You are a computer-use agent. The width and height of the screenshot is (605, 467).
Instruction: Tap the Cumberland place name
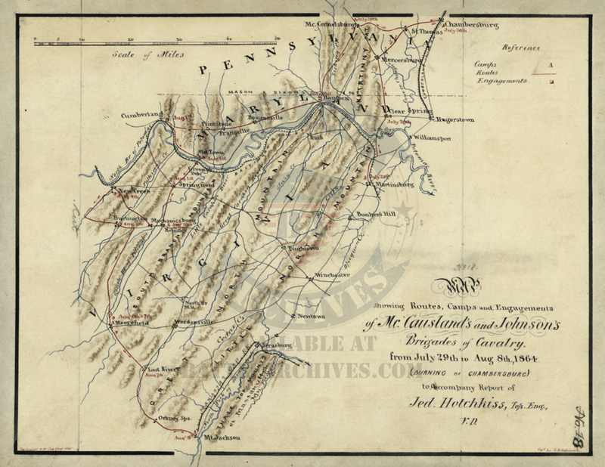coord(141,115)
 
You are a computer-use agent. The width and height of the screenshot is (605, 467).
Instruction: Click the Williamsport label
coord(432,140)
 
